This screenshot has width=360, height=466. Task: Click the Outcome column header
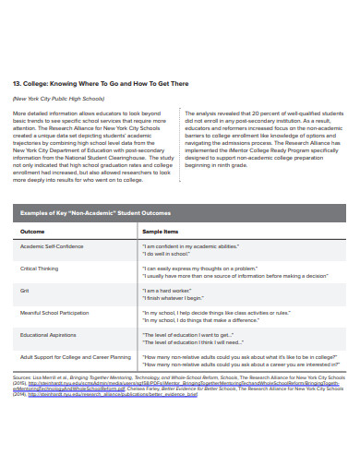tap(32, 231)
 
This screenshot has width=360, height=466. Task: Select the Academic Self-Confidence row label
tap(54, 246)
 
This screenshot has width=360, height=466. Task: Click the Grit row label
tap(26, 291)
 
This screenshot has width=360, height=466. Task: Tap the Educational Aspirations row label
tap(50, 335)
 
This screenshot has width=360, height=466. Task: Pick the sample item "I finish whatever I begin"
tap(179, 297)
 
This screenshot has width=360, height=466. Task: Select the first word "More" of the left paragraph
tap(18, 112)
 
